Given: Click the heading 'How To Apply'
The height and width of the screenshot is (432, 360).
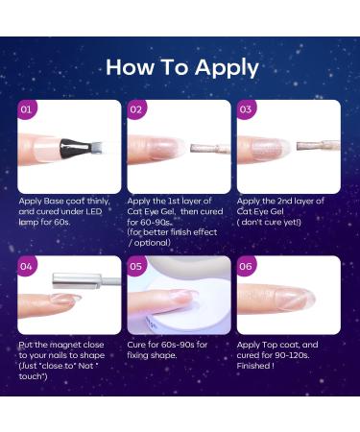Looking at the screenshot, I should (181, 67).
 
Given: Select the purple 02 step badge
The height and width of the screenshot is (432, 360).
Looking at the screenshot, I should (137, 110).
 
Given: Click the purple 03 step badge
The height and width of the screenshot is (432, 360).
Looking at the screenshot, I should (247, 110).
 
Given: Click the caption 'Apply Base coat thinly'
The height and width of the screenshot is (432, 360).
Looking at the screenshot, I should (67, 202).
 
